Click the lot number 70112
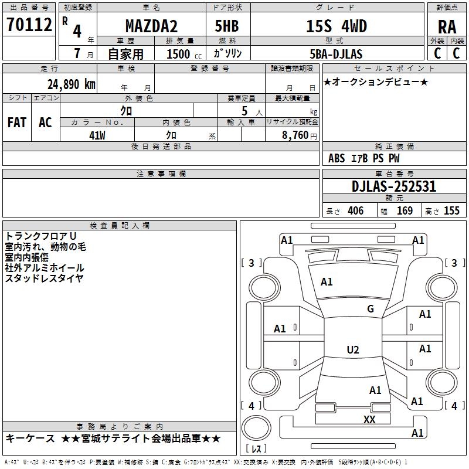pyautogui.click(x=29, y=25)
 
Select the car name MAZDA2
pyautogui.click(x=151, y=26)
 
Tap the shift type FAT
pyautogui.click(x=17, y=122)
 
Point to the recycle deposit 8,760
pyautogui.click(x=294, y=135)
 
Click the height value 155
pyautogui.click(x=451, y=211)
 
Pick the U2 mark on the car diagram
pyautogui.click(x=352, y=350)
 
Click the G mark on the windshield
pyautogui.click(x=370, y=309)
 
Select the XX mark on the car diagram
pyautogui.click(x=369, y=419)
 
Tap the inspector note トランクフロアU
pyautogui.click(x=41, y=236)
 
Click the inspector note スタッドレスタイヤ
pyautogui.click(x=45, y=278)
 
